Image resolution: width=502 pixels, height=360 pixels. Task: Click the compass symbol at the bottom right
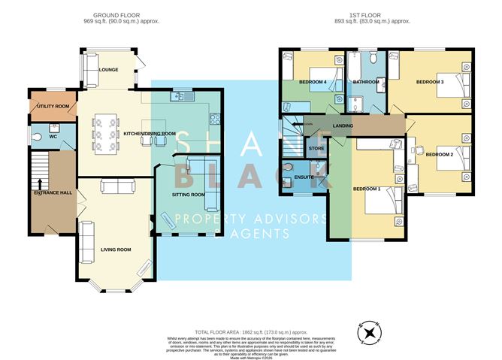[369, 331]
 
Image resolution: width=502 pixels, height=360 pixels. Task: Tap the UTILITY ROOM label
[53, 107]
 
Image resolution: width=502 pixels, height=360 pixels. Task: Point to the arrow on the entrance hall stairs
[38, 183]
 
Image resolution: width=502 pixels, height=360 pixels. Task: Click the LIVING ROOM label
[116, 250]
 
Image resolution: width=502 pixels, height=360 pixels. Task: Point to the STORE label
[317, 149]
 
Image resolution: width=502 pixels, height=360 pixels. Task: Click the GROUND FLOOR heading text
[126, 15]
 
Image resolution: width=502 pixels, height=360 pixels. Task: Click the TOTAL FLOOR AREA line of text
[251, 331]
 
